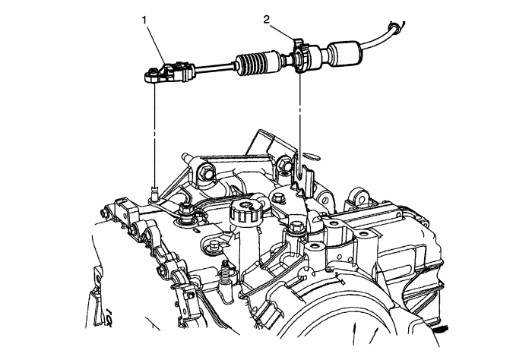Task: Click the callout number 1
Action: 144,21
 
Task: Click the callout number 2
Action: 266,19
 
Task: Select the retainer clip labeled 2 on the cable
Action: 300,55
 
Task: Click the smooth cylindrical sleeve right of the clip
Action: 343,53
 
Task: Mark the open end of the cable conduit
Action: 395,27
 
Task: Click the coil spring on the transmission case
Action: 225,271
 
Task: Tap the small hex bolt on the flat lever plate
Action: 279,198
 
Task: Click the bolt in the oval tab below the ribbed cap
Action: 214,245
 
